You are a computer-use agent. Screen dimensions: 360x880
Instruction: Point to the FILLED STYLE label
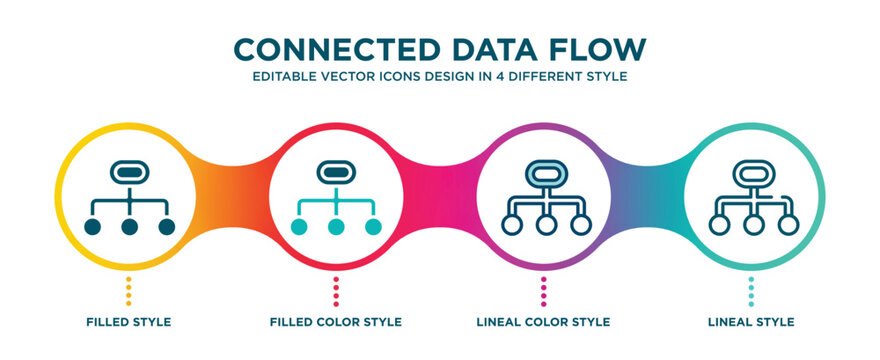[128, 322]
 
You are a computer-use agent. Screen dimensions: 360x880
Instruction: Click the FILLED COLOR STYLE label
[336, 322]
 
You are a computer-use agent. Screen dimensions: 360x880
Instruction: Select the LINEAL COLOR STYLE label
[543, 322]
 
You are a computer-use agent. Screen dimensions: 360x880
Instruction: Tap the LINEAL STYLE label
[752, 322]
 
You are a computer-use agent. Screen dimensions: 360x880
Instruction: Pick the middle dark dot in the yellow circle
[129, 227]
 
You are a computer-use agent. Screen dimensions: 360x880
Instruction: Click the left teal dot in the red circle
[299, 227]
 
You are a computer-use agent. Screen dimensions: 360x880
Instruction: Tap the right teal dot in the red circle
[373, 227]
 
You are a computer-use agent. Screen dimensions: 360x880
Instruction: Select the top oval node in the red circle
[336, 172]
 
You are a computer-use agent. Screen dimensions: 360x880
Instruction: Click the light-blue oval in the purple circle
[544, 172]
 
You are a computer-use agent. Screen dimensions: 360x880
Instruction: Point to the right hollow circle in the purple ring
[581, 225]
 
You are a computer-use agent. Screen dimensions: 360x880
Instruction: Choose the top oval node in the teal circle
[751, 172]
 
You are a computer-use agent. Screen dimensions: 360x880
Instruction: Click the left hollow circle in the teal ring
[715, 225]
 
